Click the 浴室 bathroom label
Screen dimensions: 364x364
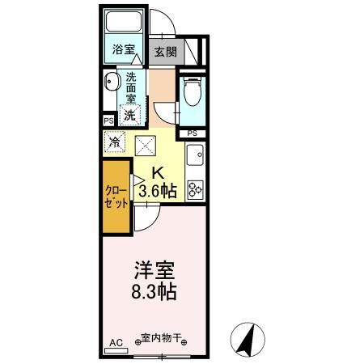click(123, 50)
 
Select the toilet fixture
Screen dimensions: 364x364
click(193, 94)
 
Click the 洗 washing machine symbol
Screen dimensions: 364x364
click(129, 114)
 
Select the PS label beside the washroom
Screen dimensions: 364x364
click(108, 121)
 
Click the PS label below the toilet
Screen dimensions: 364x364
click(193, 133)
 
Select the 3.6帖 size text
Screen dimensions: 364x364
click(158, 191)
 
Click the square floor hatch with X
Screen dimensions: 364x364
click(146, 144)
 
